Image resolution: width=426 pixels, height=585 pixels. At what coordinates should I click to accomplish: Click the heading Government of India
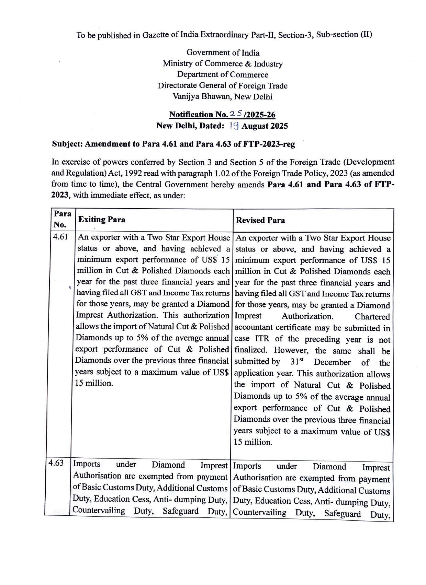[223, 52]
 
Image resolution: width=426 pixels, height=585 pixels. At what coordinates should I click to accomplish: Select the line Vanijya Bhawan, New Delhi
[223, 96]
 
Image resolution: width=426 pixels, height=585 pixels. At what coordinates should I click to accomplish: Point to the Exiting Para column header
[102, 220]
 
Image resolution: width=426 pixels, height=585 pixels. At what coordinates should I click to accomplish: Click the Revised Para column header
[260, 220]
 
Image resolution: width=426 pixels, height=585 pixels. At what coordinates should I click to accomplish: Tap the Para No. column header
[62, 219]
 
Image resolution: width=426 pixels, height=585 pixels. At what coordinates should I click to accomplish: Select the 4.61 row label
[60, 237]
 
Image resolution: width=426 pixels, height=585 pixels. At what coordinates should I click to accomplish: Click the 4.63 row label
[56, 463]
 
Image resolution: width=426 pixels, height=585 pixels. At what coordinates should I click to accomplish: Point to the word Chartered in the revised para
[372, 317]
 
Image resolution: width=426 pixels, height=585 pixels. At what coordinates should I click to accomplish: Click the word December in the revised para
[332, 362]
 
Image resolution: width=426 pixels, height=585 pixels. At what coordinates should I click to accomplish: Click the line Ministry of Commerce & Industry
[223, 64]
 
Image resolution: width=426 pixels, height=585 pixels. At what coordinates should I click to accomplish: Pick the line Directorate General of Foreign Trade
[223, 85]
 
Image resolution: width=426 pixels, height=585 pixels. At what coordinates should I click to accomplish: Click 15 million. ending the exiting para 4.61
[94, 383]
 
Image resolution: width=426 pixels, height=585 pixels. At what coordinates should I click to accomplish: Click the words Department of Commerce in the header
[223, 75]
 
